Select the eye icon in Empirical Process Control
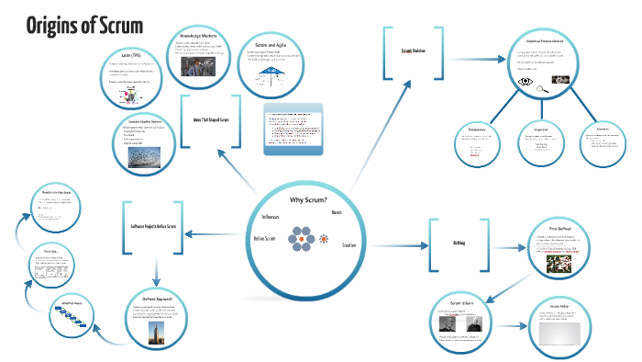pyautogui.click(x=526, y=82)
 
